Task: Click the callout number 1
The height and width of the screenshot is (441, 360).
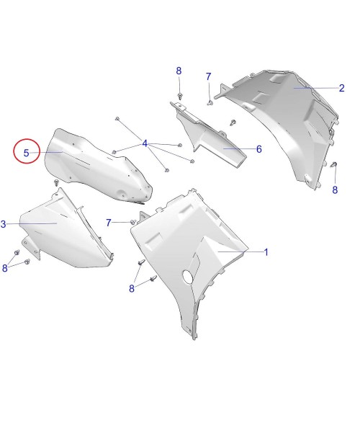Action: (x=266, y=252)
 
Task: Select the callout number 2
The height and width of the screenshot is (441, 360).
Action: (x=341, y=88)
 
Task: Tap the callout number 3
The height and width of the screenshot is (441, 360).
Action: (x=3, y=224)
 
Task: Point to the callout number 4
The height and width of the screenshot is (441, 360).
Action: (x=145, y=143)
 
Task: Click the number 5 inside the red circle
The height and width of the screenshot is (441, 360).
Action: (x=26, y=153)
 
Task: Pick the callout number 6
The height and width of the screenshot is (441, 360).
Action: (x=258, y=149)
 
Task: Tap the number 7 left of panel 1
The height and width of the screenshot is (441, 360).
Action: (x=109, y=223)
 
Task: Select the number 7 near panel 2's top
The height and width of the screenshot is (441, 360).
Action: (x=208, y=76)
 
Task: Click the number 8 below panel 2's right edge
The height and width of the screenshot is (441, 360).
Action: (x=335, y=190)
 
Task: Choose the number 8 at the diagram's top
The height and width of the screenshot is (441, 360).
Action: (x=179, y=71)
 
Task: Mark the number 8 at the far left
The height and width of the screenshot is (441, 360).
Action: (x=5, y=268)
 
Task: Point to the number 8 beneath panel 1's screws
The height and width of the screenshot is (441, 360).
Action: (x=132, y=288)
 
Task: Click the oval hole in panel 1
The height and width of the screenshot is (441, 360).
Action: (x=187, y=275)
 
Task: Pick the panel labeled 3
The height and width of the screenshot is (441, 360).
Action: (x=66, y=233)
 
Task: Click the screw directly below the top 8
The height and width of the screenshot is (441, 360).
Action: (x=180, y=95)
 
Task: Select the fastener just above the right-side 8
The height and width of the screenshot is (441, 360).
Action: (x=334, y=164)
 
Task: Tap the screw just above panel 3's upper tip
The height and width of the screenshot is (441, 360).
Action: (x=57, y=182)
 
